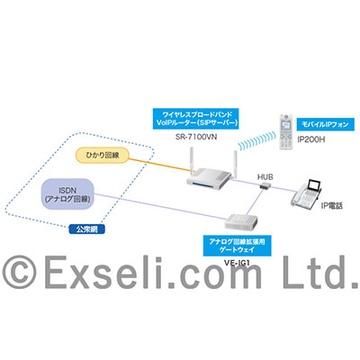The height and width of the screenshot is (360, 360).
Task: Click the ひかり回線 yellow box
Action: coord(103,155)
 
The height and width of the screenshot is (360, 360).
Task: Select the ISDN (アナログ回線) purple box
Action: coord(67,193)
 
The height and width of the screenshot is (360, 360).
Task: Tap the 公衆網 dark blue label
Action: coord(87,229)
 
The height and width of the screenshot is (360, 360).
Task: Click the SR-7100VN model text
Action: coord(196,137)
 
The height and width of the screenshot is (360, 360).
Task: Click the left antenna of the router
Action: coord(191,159)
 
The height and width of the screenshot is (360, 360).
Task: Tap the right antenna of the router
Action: coord(235,164)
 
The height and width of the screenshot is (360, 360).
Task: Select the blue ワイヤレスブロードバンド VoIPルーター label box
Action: coord(196,119)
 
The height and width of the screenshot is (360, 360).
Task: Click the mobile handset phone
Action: coord(286,131)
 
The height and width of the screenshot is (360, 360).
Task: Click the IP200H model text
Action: coord(311,139)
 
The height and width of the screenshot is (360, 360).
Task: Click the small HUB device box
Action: coord(265,185)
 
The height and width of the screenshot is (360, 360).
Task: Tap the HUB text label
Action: coord(265,177)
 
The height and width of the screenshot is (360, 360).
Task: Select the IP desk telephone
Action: coord(306,194)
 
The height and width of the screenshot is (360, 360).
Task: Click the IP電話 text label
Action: coord(331,206)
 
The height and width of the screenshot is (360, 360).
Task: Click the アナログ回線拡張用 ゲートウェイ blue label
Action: coord(237,246)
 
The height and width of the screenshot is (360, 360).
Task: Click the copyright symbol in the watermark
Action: coord(19,272)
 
